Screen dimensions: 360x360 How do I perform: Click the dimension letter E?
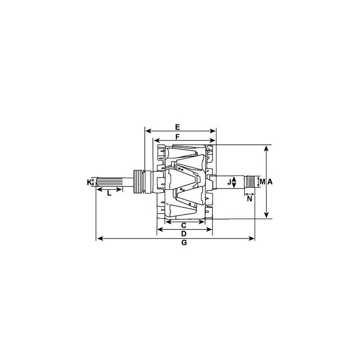click(x=178, y=126)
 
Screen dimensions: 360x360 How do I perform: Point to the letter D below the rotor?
click(x=184, y=234)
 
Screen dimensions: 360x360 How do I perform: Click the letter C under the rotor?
click(x=184, y=225)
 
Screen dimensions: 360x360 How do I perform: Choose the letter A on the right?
click(x=270, y=182)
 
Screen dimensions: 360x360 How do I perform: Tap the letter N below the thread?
click(x=250, y=198)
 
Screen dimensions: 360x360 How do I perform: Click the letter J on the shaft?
click(x=229, y=182)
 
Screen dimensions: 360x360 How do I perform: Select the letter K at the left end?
click(x=89, y=182)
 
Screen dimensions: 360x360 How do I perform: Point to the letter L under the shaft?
click(x=109, y=194)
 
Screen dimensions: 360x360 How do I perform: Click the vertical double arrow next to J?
click(x=234, y=182)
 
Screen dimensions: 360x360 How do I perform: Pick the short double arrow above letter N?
click(x=250, y=194)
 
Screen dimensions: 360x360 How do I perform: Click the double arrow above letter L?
click(x=109, y=189)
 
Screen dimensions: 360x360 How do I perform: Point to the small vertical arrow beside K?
click(x=93, y=182)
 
